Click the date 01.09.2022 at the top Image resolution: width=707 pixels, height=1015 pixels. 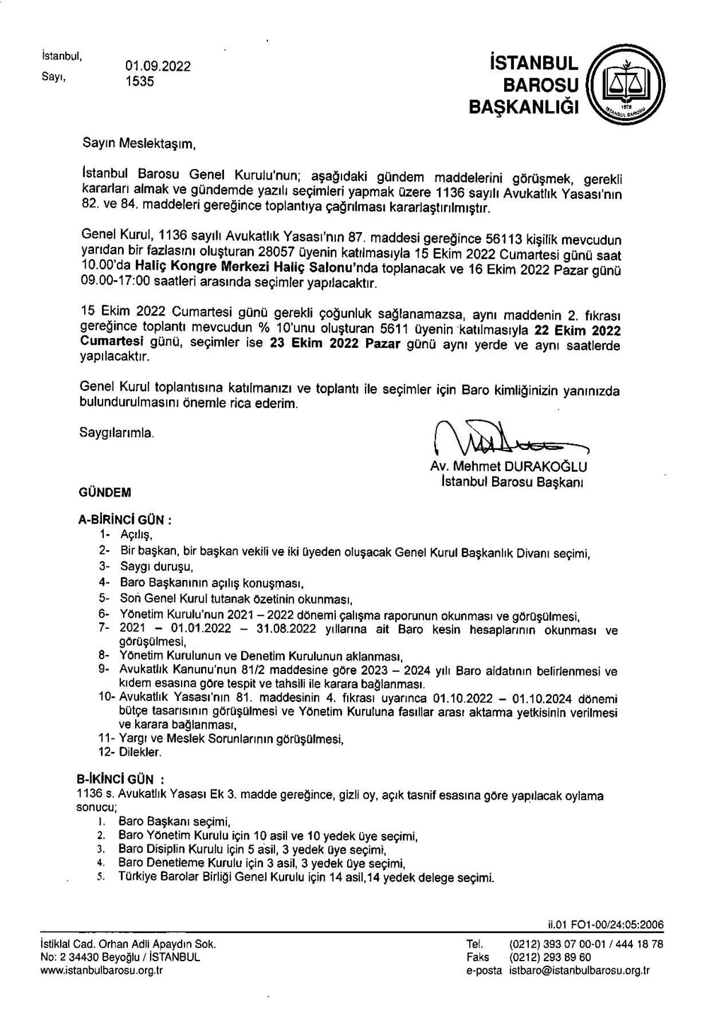pyautogui.click(x=158, y=66)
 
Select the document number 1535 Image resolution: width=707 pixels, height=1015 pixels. pyautogui.click(x=139, y=81)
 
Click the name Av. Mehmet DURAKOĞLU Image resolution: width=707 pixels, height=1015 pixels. pyautogui.click(x=508, y=467)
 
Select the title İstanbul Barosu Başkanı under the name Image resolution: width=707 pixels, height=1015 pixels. pyautogui.click(x=511, y=482)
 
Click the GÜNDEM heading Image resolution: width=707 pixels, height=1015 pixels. pyautogui.click(x=105, y=492)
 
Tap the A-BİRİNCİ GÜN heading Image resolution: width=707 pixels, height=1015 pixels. pyautogui.click(x=124, y=519)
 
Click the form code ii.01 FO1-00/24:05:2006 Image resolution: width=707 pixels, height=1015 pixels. pyautogui.click(x=605, y=924)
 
